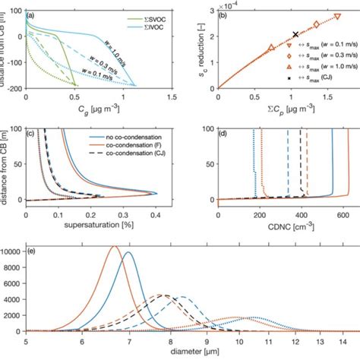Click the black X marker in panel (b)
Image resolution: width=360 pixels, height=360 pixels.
pyautogui.click(x=295, y=35)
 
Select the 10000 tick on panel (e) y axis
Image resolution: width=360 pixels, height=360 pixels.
pyautogui.click(x=14, y=250)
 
